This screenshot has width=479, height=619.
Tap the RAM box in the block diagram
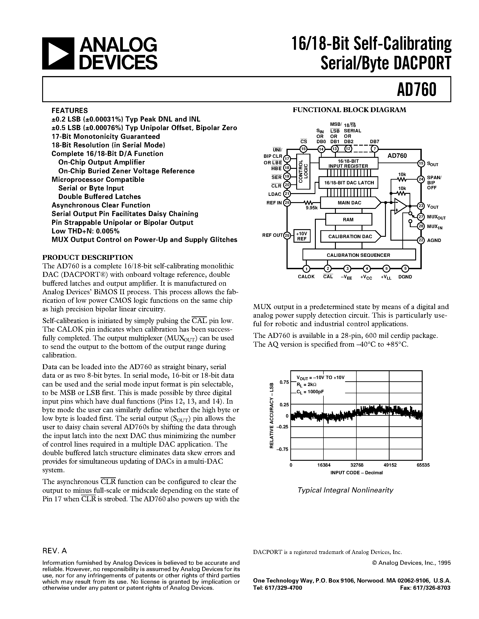pos(348,220)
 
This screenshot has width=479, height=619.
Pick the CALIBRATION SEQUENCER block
pos(358,255)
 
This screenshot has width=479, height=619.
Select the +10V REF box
pos(302,236)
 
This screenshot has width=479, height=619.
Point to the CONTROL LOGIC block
pos(303,171)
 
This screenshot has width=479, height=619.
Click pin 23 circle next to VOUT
pos(421,206)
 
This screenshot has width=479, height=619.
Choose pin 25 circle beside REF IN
pos(287,203)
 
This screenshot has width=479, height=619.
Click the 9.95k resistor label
pos(311,208)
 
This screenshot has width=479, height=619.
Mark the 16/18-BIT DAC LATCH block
pos(349,183)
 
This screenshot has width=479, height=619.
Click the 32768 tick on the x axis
pos(357,465)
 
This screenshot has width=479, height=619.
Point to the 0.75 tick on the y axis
pos(284,382)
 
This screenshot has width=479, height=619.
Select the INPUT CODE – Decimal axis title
pos(356,472)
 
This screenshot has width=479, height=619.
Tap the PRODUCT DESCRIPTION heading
pos(87,257)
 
